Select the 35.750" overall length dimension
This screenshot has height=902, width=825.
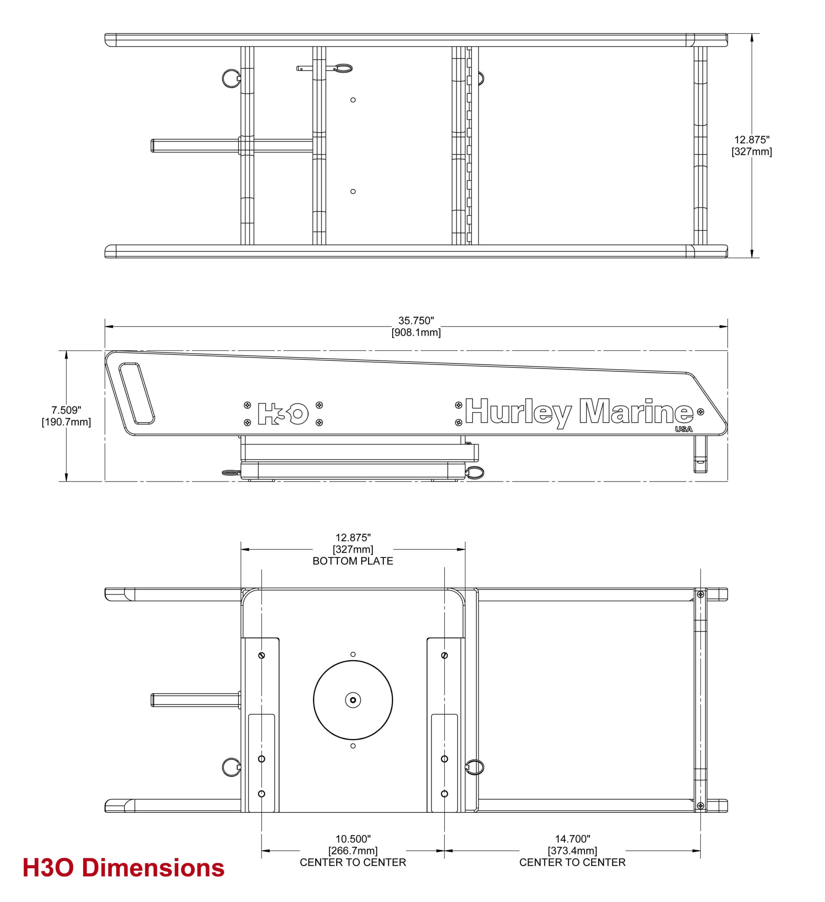(416, 327)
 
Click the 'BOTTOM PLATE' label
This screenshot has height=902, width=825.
(353, 561)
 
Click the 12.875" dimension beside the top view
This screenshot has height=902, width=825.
(752, 146)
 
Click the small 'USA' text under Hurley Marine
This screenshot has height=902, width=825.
(684, 429)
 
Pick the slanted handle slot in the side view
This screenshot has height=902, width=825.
(136, 393)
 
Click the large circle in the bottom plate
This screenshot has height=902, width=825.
(353, 700)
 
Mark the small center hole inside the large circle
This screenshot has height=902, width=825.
(353, 700)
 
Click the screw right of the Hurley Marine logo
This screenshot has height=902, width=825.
(700, 412)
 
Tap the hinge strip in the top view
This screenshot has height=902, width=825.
(469, 146)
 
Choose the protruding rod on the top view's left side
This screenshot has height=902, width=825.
(195, 146)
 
